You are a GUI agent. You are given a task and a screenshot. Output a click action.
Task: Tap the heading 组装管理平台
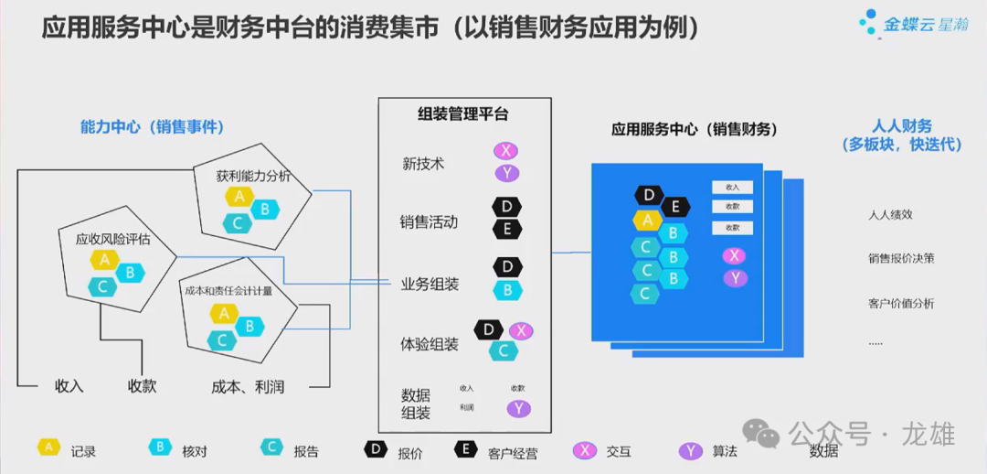coord(462,114)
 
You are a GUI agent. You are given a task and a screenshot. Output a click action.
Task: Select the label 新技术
coord(423,164)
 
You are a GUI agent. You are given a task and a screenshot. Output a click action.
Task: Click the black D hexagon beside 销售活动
coord(506,208)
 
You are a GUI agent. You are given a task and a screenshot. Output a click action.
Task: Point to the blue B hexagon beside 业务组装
coord(506,291)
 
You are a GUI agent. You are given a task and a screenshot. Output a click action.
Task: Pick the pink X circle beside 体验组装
coord(521,331)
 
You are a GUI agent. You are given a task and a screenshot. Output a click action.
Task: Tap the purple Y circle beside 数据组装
coord(519,409)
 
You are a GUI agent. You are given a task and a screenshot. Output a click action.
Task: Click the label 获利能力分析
coord(253,176)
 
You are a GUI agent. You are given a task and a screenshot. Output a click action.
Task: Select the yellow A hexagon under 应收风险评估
coord(104,259)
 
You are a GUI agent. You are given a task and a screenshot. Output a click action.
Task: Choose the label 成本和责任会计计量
coord(228,290)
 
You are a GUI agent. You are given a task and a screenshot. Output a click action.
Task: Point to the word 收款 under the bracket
coord(142,386)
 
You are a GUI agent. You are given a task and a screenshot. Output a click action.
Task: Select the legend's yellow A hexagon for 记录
coord(48,447)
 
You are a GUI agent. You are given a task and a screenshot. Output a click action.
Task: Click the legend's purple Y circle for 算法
coord(690,450)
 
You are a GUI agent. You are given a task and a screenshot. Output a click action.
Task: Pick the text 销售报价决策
coord(901,258)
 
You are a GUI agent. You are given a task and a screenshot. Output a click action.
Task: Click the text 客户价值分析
coord(901,303)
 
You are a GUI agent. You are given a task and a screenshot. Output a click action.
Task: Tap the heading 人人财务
coord(901,126)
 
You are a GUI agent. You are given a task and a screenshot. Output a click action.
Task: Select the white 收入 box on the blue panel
coord(732,187)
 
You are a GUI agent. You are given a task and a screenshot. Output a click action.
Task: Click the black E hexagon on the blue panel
coord(674,207)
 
